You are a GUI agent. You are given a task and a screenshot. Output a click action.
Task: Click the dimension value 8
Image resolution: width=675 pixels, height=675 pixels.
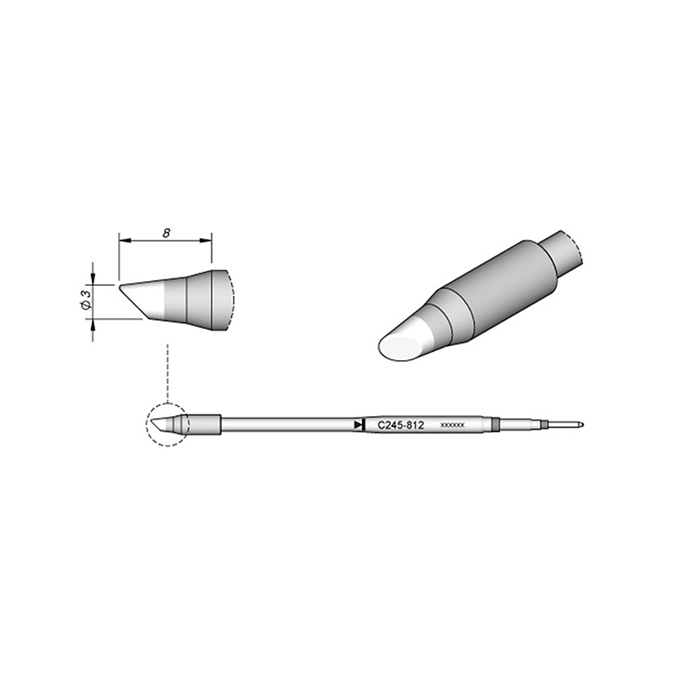coord(166,234)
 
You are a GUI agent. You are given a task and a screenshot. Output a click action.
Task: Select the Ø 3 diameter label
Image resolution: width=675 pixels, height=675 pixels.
coord(86,300)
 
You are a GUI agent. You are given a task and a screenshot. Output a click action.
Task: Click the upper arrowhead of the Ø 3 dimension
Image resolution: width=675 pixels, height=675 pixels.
coord(93,280)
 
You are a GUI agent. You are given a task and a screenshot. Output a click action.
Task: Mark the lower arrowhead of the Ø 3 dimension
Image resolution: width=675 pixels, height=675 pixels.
coord(93,324)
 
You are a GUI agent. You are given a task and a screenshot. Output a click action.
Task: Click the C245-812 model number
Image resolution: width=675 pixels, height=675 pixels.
coord(401,425)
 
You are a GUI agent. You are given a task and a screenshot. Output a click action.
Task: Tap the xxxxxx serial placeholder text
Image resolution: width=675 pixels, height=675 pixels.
coord(452,425)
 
